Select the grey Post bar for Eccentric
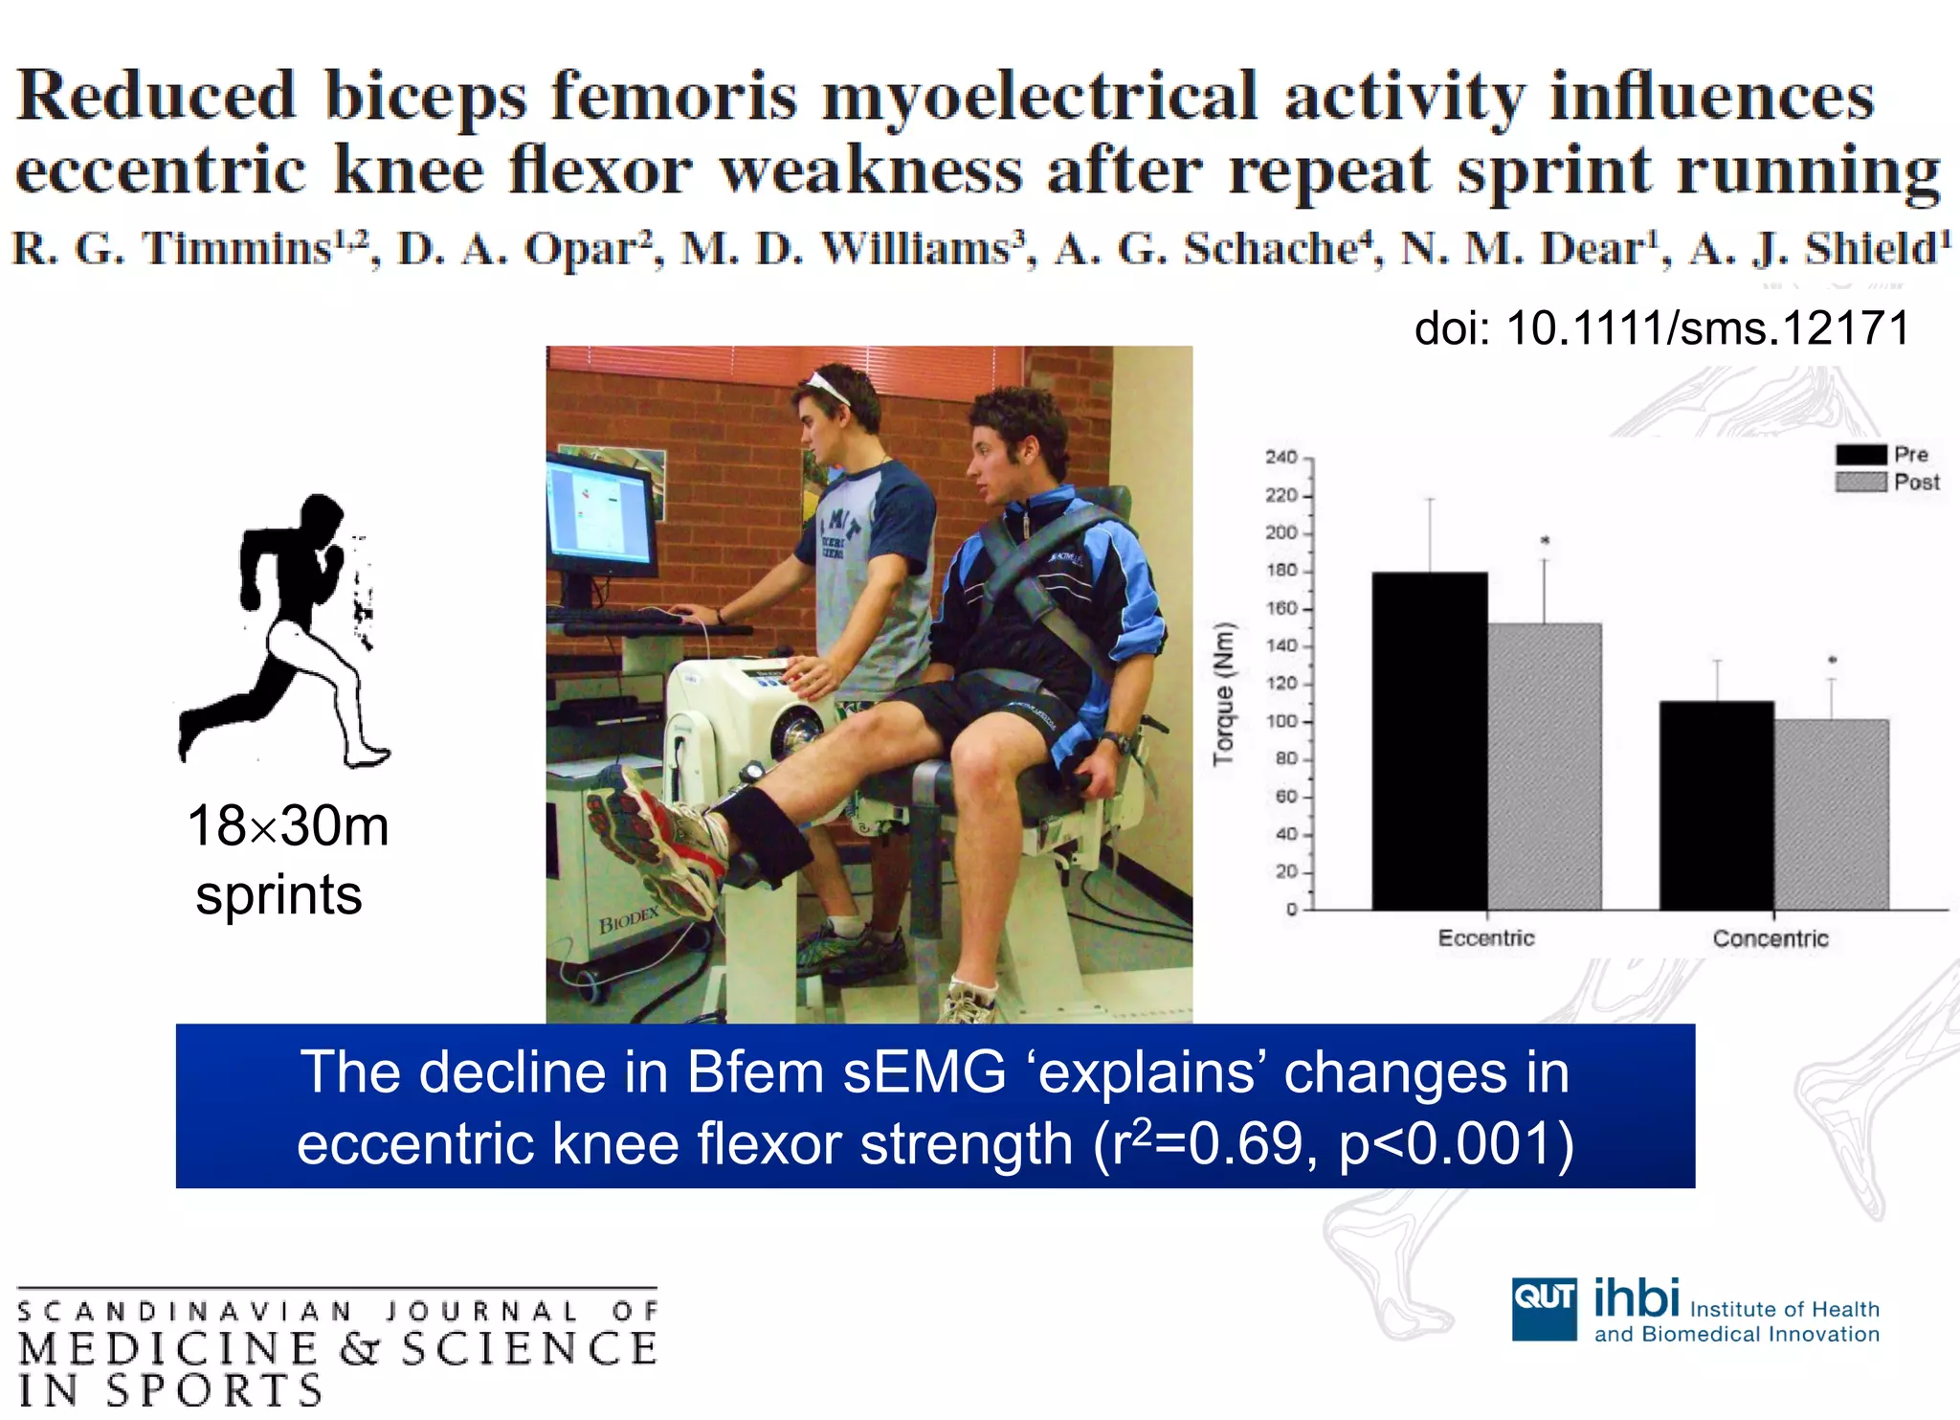[x=1544, y=766]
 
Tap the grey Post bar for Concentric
[x=1831, y=814]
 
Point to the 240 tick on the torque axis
[x=1282, y=458]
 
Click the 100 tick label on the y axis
[x=1282, y=721]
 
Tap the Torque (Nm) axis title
[x=1223, y=694]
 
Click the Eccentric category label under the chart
[x=1485, y=938]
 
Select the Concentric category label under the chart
[x=1771, y=938]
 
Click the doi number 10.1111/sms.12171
[x=1707, y=328]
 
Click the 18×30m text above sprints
[x=288, y=825]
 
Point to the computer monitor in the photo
[x=601, y=517]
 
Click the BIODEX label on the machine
[x=629, y=921]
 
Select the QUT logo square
[x=1544, y=1308]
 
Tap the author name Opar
[x=581, y=249]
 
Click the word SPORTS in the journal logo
[x=214, y=1391]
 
